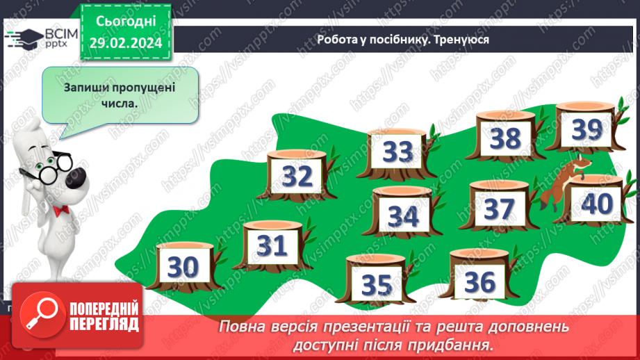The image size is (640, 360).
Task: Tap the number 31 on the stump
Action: click(272, 246)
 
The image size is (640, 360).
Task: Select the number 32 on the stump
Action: click(298, 177)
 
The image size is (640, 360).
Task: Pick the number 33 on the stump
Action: click(398, 151)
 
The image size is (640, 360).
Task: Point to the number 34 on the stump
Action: click(404, 216)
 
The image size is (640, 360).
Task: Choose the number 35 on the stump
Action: click(377, 284)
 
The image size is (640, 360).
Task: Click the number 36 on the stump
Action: click(479, 281)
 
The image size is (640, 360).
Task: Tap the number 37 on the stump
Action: click(499, 208)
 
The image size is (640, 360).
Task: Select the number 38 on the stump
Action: click(505, 139)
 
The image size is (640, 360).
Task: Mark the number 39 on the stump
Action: click(586, 129)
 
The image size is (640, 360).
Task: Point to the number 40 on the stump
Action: click(596, 204)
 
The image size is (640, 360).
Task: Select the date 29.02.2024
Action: click(126, 43)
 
